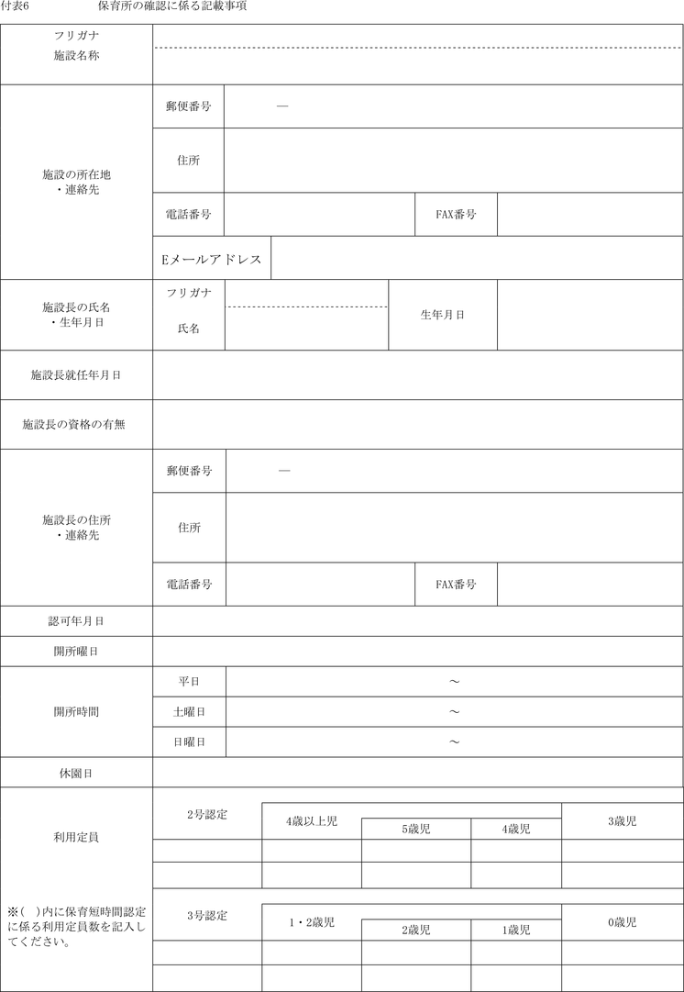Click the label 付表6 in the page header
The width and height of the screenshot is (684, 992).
[16, 6]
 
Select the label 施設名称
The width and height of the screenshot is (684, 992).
[76, 56]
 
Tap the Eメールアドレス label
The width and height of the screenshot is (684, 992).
[211, 259]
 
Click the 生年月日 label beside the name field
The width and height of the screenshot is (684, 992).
[442, 315]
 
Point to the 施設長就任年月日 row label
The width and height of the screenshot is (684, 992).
[76, 375]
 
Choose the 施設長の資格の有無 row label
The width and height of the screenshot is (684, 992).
[76, 425]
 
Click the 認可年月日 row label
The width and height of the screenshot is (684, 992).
[76, 621]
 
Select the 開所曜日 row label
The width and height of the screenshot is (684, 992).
[76, 652]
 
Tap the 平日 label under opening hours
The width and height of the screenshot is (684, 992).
[188, 682]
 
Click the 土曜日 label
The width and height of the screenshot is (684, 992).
[188, 712]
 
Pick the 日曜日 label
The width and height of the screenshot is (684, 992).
[188, 742]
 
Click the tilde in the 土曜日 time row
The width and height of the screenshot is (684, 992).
[454, 712]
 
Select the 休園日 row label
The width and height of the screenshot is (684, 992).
[76, 774]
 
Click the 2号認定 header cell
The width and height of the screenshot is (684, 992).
[206, 814]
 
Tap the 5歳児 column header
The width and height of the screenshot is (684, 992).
[415, 830]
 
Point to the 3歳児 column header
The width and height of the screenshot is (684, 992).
[622, 821]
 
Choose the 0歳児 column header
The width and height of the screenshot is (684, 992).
[622, 922]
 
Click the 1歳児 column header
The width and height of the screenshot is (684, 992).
[515, 931]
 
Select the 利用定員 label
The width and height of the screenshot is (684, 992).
[76, 838]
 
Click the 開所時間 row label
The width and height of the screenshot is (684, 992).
[76, 711]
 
